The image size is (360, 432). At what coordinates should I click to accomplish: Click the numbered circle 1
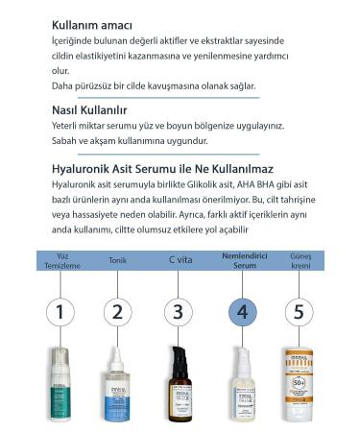click(x=60, y=312)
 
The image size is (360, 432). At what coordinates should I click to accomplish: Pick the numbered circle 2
click(x=118, y=312)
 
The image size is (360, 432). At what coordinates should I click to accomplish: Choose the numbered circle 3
click(x=177, y=312)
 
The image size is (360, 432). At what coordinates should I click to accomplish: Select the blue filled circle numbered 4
click(x=241, y=312)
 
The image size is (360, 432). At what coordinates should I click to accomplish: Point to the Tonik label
click(x=117, y=260)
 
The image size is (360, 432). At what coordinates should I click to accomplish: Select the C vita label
click(x=180, y=260)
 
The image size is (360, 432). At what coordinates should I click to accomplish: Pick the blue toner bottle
click(x=117, y=389)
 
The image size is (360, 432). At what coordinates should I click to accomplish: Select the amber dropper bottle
click(x=178, y=389)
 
